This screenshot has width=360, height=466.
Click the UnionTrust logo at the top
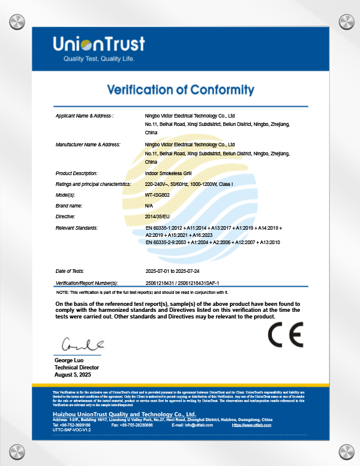[x=99, y=44]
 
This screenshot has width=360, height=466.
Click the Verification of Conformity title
[x=180, y=90]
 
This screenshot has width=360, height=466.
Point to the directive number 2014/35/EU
[x=158, y=216]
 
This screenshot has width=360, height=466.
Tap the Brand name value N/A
[x=149, y=206]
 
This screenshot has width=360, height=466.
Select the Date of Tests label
[x=71, y=271]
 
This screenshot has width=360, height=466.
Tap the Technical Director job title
[x=77, y=367]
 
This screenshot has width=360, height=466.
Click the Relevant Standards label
[x=76, y=228]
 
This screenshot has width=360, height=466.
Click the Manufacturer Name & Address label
[x=88, y=145]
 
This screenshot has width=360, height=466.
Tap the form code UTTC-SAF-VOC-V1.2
[x=71, y=430]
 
